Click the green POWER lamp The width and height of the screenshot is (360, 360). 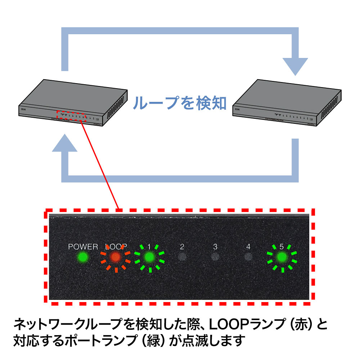(83, 257)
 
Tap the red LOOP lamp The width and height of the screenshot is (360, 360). (115, 257)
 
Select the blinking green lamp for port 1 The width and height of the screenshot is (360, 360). (149, 257)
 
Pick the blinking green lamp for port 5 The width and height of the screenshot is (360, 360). (282, 257)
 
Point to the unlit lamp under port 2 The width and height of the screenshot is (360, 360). (182, 257)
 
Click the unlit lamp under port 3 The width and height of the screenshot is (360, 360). (215, 257)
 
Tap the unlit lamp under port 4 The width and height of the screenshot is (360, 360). (248, 257)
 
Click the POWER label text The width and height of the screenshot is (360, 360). (83, 247)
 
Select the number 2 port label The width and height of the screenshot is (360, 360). (182, 247)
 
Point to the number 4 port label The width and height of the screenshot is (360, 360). (248, 247)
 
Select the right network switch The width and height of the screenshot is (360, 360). (286, 104)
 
